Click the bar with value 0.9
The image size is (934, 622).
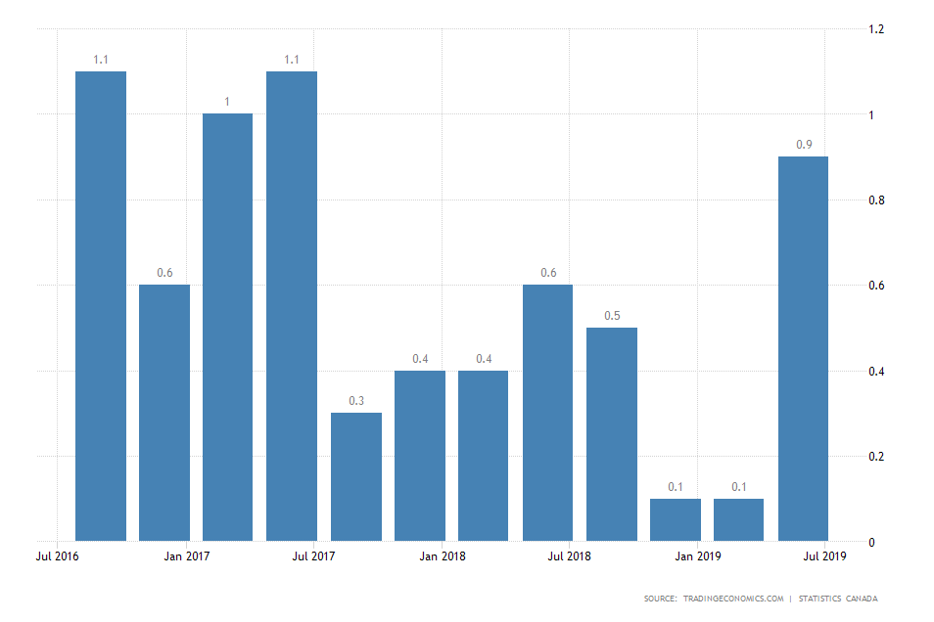click(x=803, y=348)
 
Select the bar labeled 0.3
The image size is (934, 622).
click(x=356, y=476)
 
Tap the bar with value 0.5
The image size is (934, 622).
click(x=612, y=433)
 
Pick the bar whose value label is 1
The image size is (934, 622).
click(x=228, y=327)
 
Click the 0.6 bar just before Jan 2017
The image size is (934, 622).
click(x=164, y=412)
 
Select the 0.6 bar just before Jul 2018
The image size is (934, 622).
click(x=548, y=412)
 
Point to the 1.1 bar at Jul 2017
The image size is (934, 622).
click(x=292, y=305)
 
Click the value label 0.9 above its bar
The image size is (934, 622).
click(x=804, y=145)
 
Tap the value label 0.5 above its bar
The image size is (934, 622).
click(x=612, y=315)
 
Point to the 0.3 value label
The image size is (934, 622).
click(x=356, y=401)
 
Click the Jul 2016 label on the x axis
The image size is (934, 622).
click(x=58, y=556)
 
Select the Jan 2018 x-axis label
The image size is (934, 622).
click(x=442, y=556)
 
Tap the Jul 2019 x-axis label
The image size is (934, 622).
click(x=825, y=556)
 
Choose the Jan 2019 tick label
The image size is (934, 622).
click(x=697, y=556)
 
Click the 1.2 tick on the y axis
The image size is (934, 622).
click(x=877, y=29)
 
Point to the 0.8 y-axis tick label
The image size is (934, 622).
click(x=877, y=200)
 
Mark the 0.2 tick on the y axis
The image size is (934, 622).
click(x=877, y=457)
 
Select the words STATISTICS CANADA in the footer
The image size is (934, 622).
click(x=838, y=599)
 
